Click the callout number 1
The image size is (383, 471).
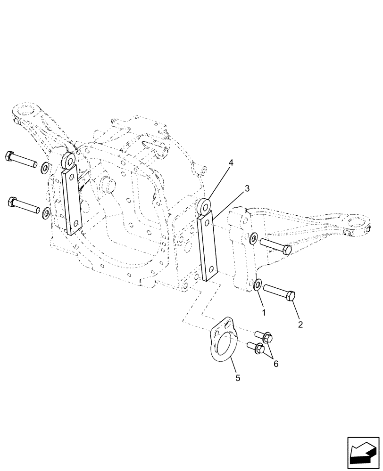coord(264,312)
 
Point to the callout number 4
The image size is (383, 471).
coord(231,163)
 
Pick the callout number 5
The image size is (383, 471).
coord(238,377)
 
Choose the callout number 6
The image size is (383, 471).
coord(276,364)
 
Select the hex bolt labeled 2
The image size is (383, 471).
coord(280,292)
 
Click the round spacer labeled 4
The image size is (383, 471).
coord(205,206)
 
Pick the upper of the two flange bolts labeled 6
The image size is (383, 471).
coord(262,336)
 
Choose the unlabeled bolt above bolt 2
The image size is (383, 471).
coord(276,246)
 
